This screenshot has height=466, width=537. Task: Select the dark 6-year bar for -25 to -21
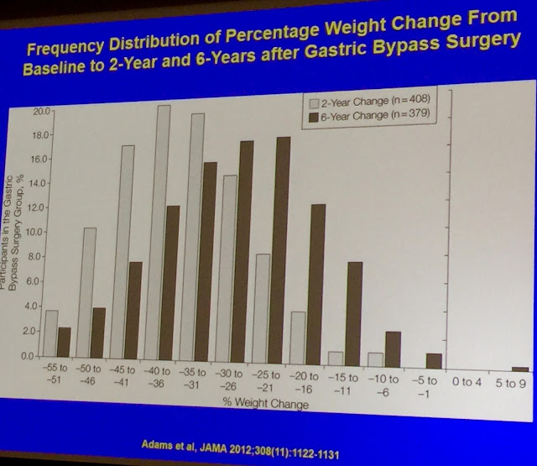click(x=284, y=252)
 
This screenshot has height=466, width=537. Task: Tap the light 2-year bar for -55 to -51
click(x=51, y=336)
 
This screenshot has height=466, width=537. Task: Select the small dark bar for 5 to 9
click(x=521, y=369)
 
